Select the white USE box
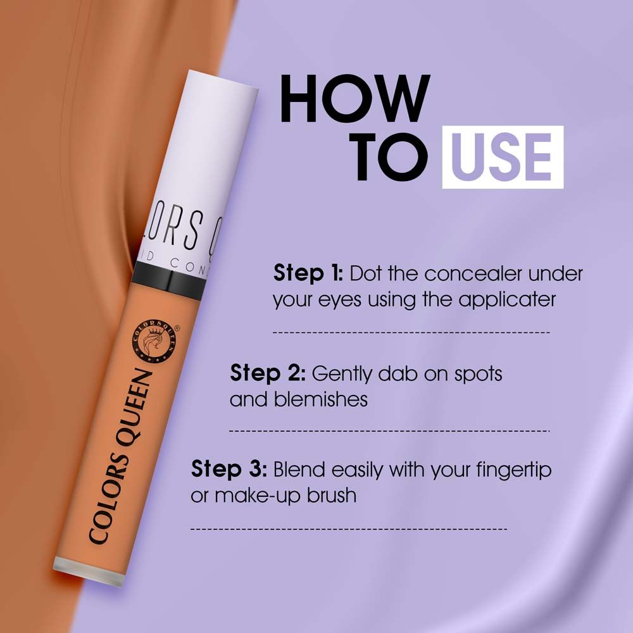[x=502, y=156]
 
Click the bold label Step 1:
[x=308, y=274]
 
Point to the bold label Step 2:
[x=268, y=373]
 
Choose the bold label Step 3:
[x=229, y=470]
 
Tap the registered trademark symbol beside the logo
[x=177, y=329]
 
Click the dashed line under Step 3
[x=348, y=528]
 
